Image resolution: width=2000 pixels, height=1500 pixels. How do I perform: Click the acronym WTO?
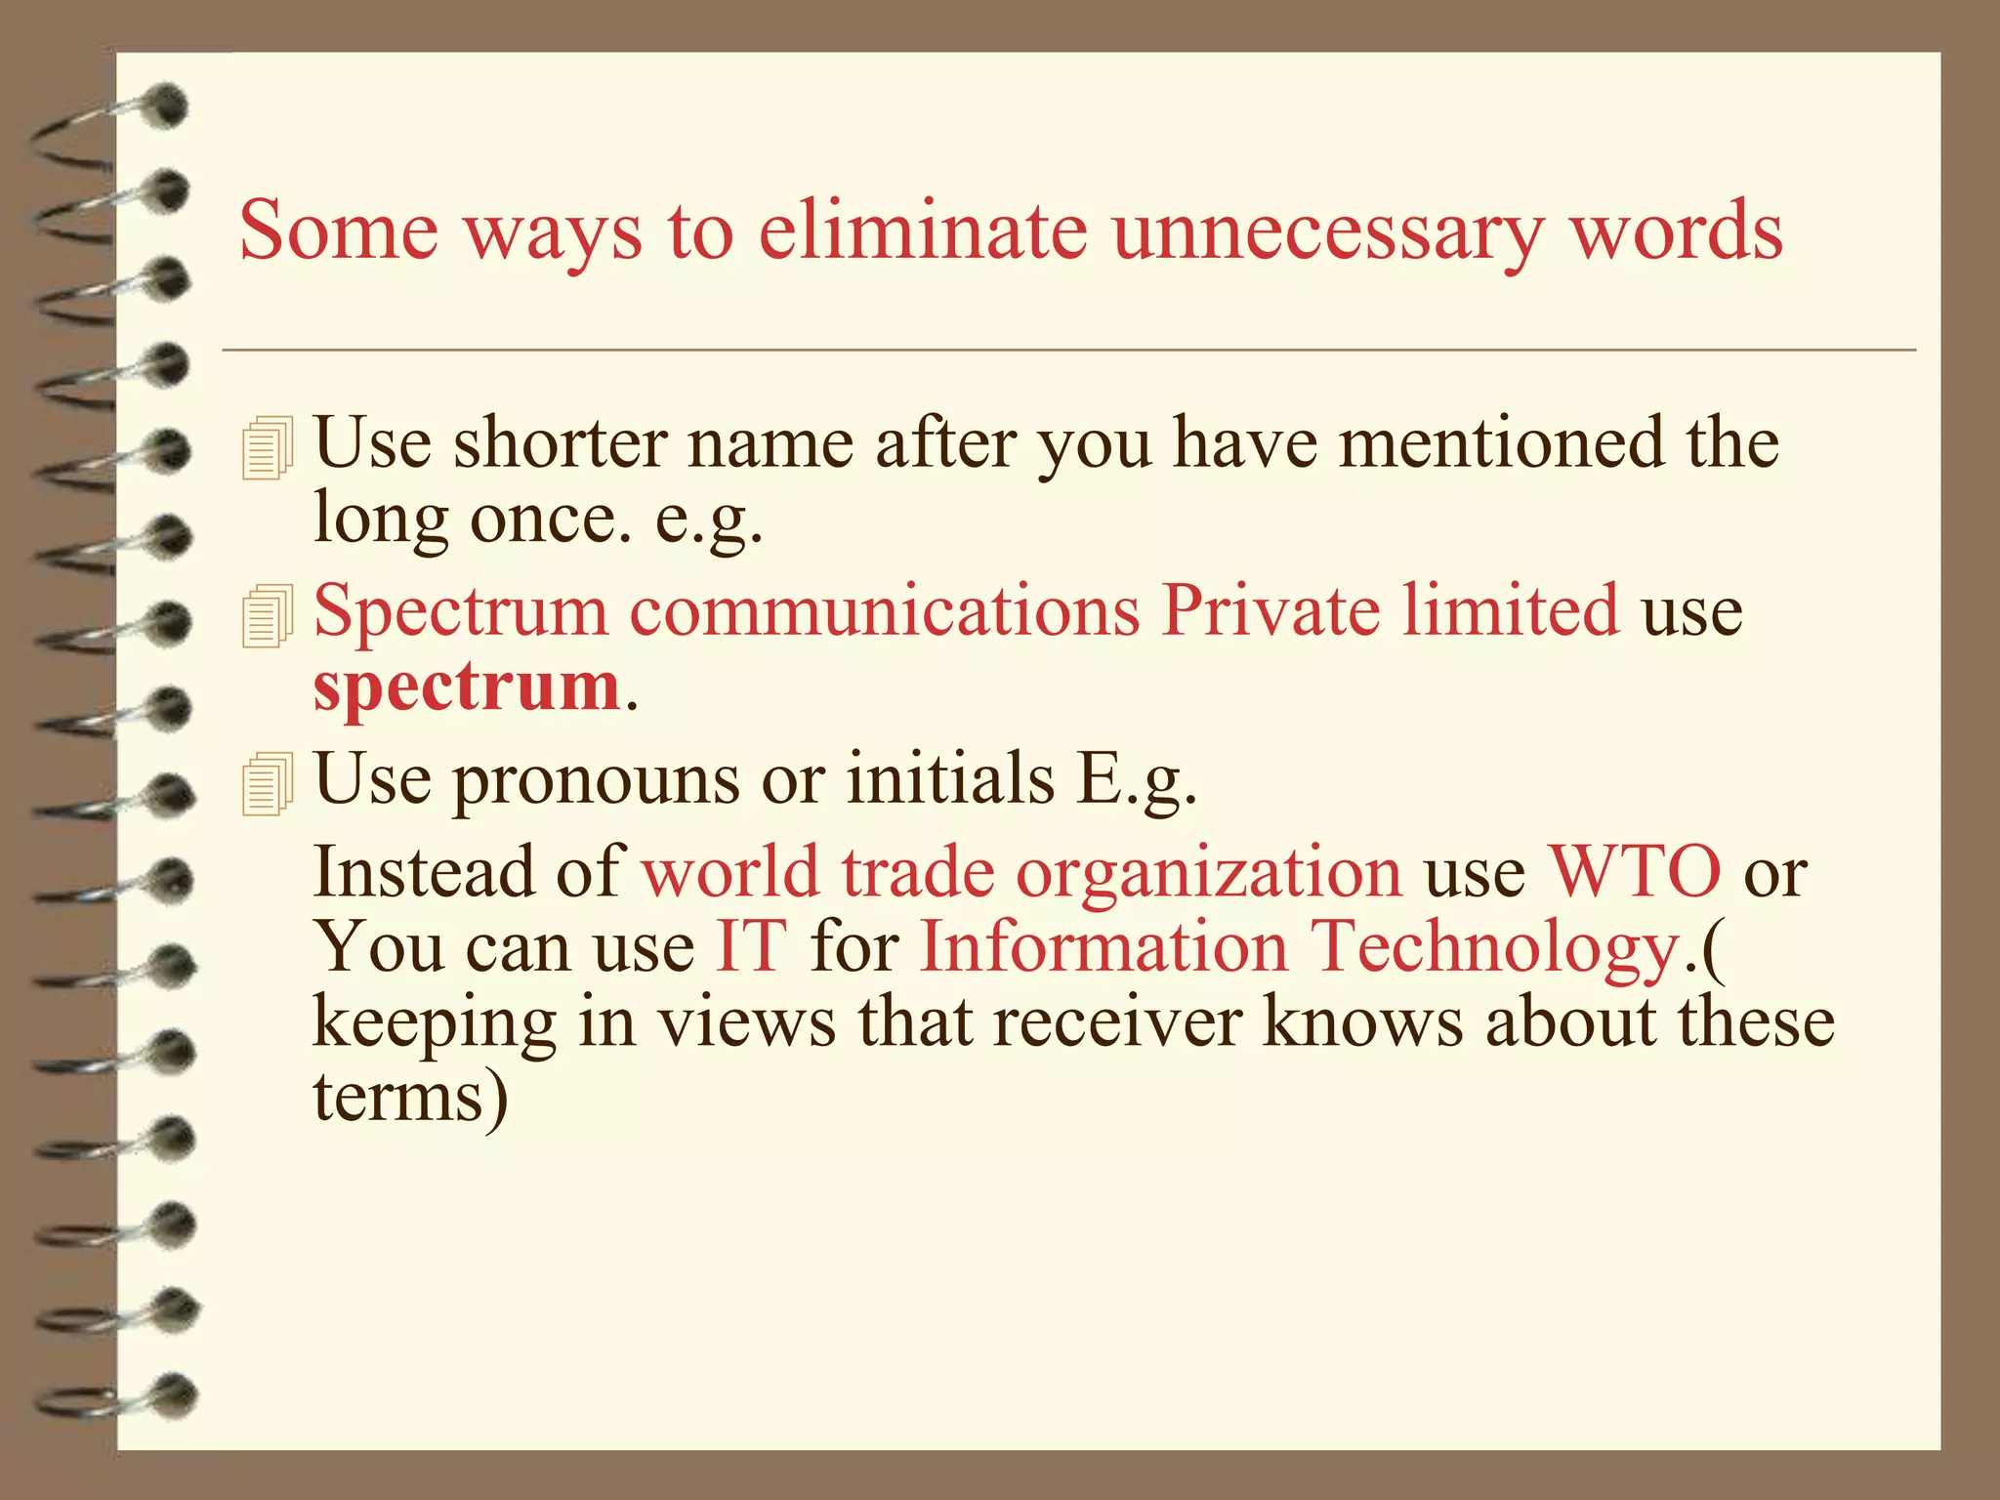pos(1635,871)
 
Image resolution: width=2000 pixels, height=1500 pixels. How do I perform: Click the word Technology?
pos(1493,947)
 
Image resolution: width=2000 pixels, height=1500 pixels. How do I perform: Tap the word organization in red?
pos(1209,871)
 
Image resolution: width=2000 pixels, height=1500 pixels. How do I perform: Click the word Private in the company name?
pos(1271,610)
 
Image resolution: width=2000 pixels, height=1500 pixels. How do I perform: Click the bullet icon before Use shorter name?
pos(267,448)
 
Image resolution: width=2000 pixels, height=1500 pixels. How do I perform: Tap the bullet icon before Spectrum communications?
pos(267,616)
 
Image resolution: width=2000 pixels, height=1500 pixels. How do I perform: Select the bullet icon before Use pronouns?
pos(267,784)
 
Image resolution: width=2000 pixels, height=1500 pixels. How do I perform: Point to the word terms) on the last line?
pos(410,1098)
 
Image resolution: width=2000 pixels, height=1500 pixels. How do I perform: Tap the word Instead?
pos(424,871)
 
